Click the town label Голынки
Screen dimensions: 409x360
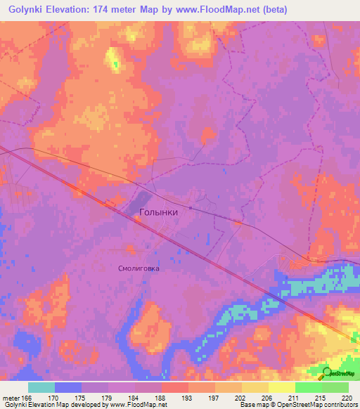point(158,211)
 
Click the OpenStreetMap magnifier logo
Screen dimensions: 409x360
point(328,373)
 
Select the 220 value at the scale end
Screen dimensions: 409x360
point(347,398)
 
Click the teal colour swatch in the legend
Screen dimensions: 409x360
point(41,387)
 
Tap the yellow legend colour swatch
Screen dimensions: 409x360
point(282,387)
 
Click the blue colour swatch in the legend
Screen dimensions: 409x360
point(68,387)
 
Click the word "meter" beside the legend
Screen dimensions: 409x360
point(11,398)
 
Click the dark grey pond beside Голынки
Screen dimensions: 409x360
point(138,203)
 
